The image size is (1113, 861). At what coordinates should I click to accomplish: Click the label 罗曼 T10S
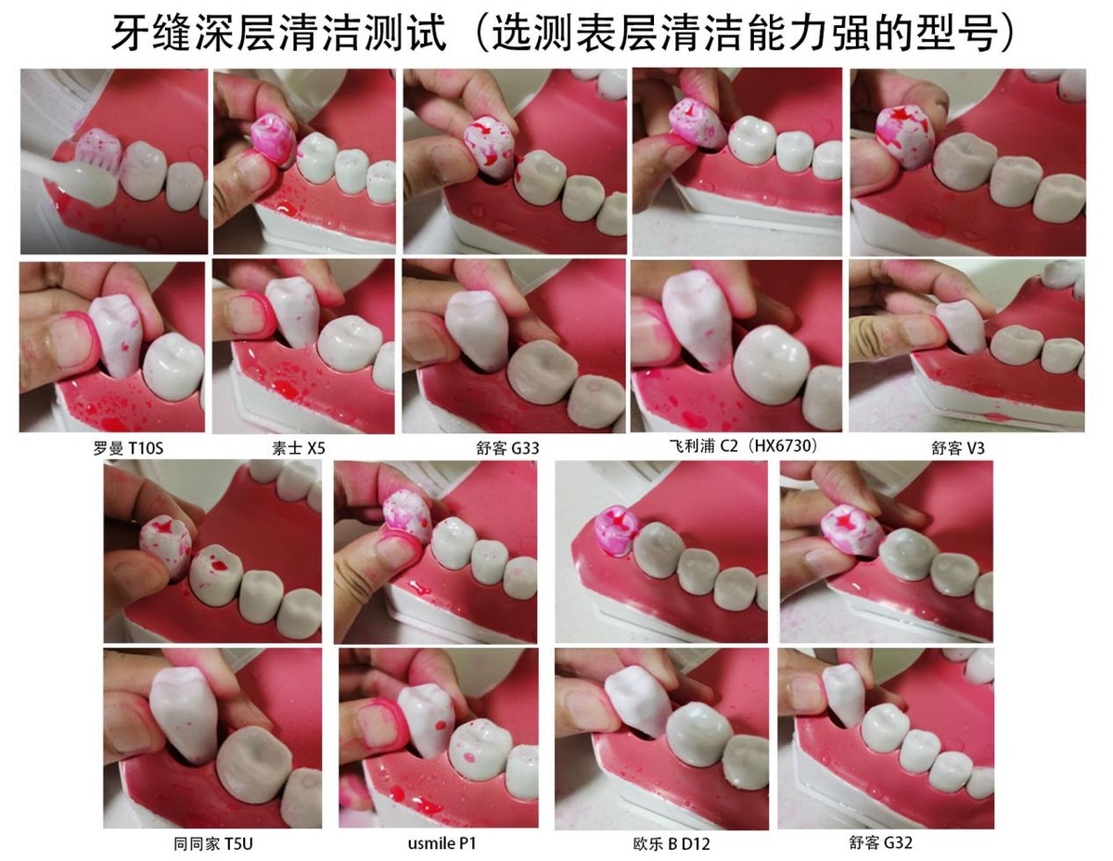click(128, 449)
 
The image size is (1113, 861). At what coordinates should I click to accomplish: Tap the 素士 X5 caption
click(299, 449)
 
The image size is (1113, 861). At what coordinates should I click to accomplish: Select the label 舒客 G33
click(507, 449)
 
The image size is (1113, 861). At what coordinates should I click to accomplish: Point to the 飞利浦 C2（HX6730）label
click(743, 446)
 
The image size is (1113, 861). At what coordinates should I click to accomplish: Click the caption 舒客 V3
click(958, 449)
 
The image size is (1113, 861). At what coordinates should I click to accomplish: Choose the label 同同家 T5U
click(213, 843)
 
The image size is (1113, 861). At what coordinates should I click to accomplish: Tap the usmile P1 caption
click(442, 843)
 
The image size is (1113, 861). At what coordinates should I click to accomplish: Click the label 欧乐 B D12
click(672, 844)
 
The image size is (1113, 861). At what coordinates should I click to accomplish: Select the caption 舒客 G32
click(881, 842)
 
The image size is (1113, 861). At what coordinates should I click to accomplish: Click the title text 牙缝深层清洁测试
click(279, 33)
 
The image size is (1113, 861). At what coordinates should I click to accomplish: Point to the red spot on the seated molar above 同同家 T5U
click(219, 565)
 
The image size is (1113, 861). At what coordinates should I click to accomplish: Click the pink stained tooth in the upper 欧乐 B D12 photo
click(615, 530)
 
